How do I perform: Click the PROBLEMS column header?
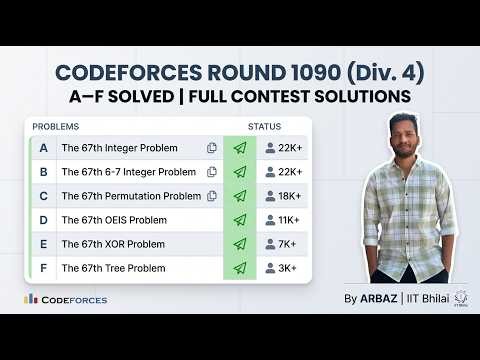click(56, 127)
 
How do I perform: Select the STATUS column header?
click(264, 127)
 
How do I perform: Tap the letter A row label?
click(43, 148)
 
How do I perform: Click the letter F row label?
click(43, 268)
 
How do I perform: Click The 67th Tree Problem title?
click(113, 268)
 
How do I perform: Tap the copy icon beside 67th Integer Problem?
click(211, 148)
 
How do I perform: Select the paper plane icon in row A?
click(239, 148)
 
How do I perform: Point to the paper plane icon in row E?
click(239, 244)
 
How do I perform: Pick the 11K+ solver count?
click(283, 220)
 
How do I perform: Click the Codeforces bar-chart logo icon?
click(31, 298)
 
